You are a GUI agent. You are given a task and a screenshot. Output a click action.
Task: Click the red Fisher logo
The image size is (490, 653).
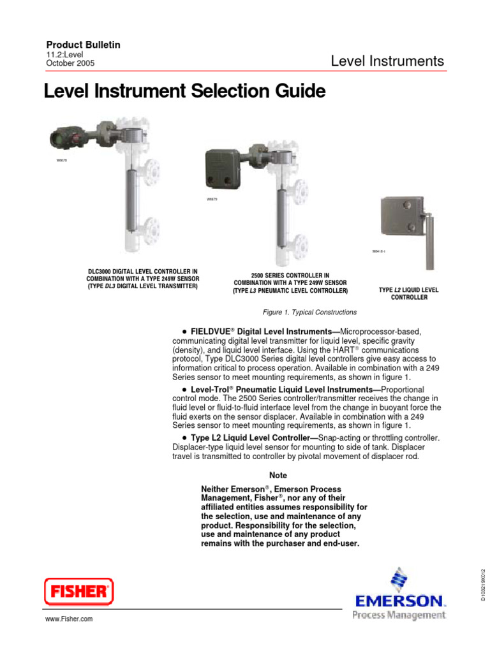(x=78, y=591)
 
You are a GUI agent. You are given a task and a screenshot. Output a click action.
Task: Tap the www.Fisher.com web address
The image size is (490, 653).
(x=68, y=619)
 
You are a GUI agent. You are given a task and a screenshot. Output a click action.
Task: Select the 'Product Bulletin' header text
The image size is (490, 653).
(x=84, y=45)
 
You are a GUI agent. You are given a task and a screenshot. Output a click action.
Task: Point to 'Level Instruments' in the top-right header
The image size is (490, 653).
(x=387, y=61)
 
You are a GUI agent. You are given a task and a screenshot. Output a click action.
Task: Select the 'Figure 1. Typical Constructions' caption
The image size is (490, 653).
(x=309, y=312)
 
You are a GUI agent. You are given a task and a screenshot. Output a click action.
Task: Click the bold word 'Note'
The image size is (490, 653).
(x=278, y=475)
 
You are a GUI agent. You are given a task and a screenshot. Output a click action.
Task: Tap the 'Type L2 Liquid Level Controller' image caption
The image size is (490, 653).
(x=408, y=293)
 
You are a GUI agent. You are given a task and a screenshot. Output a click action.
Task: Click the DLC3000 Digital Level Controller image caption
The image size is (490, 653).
(x=143, y=278)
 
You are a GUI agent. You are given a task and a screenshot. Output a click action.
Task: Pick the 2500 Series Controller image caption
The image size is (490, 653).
(x=290, y=282)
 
